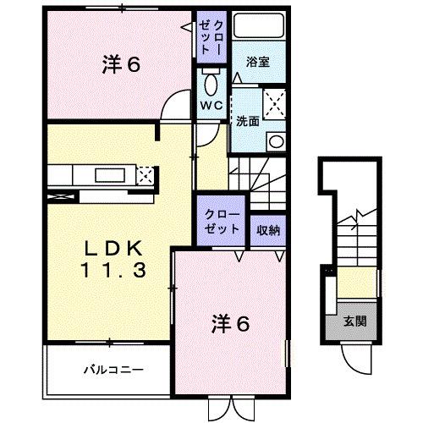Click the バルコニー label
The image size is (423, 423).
point(113,369)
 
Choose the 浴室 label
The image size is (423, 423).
point(259,63)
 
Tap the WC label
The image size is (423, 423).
point(211,106)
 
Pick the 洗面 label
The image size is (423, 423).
point(247,119)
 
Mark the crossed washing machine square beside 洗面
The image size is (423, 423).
point(274,105)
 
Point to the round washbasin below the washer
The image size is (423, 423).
point(274,140)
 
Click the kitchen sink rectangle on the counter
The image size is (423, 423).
point(108,175)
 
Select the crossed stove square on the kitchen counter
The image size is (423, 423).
point(145,176)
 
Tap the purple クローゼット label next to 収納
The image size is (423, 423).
point(221,222)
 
